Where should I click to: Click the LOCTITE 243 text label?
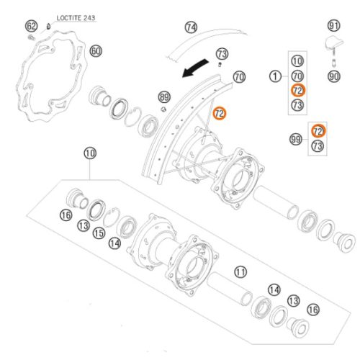(x=76, y=18)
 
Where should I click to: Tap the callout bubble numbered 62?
(x=32, y=26)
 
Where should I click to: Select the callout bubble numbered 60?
(x=96, y=51)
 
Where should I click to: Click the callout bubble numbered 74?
(x=191, y=27)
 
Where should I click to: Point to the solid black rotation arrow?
(x=195, y=68)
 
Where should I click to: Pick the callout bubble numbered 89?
(x=164, y=97)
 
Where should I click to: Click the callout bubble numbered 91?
(x=334, y=25)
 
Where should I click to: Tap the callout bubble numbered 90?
(x=334, y=76)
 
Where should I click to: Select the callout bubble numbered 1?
(x=275, y=76)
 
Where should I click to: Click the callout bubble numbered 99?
(x=296, y=139)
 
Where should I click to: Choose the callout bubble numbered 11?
(x=240, y=272)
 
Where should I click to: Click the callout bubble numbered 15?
(x=99, y=233)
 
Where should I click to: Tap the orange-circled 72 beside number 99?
(x=318, y=131)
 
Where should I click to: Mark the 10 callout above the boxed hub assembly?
(x=90, y=153)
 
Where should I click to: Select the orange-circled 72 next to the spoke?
(x=220, y=113)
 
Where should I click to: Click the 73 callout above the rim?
(x=222, y=54)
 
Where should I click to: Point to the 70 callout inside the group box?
(x=297, y=76)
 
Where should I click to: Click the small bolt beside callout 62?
(x=31, y=37)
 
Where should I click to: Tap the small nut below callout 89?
(x=163, y=109)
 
